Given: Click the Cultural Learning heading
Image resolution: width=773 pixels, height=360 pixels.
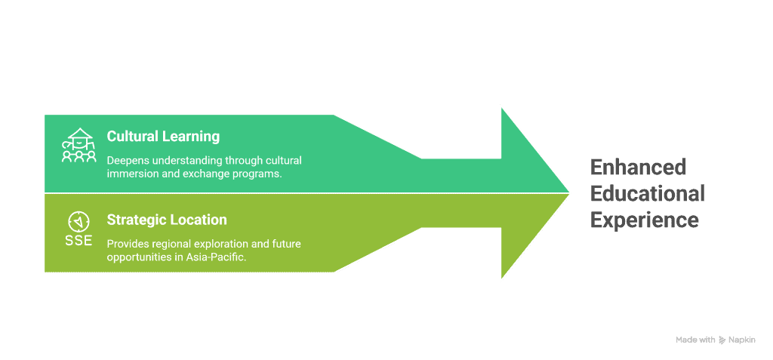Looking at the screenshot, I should click(x=163, y=137).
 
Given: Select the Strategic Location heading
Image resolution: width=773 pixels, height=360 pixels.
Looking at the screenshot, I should click(x=167, y=220).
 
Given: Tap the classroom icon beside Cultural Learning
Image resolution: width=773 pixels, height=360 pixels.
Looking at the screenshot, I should click(x=79, y=145).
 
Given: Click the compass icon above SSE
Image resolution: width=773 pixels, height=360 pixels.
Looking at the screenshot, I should click(x=79, y=221).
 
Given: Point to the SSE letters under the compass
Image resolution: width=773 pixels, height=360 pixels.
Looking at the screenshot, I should click(x=79, y=242).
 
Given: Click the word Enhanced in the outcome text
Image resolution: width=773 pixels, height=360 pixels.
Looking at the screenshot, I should click(x=627, y=167).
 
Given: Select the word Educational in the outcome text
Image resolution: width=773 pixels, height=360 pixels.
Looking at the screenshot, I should click(x=647, y=193).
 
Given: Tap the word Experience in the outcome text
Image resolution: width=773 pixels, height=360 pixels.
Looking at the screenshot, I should click(x=644, y=220).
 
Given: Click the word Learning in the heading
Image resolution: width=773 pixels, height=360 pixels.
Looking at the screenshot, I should click(x=192, y=137).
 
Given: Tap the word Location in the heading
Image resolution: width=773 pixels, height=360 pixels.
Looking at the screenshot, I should click(x=199, y=220).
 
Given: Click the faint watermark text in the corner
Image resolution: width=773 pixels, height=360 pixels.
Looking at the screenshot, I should click(x=716, y=340).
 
